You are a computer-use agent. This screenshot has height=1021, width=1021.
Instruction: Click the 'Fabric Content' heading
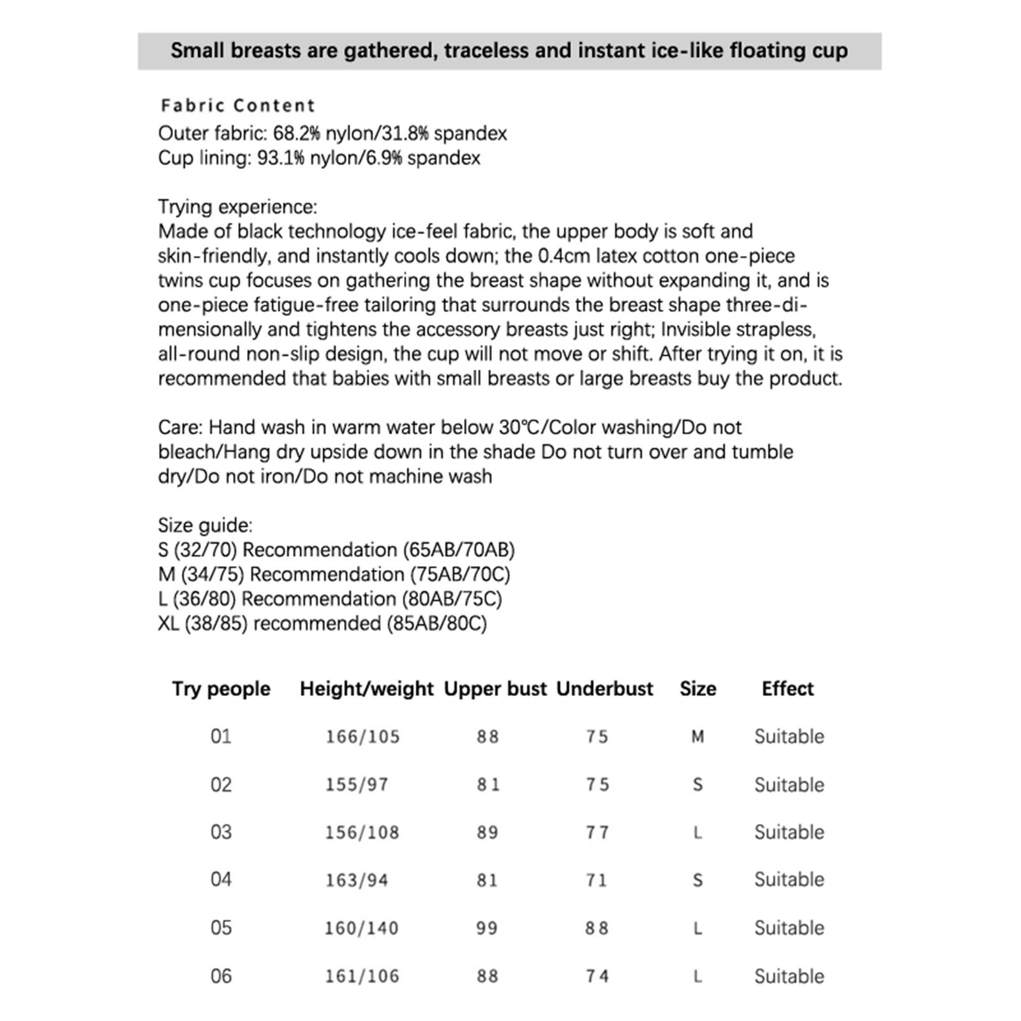(x=238, y=105)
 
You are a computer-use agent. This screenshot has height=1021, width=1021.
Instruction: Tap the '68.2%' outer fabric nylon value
(x=296, y=133)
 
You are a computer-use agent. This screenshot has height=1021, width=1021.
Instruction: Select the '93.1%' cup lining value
(x=281, y=158)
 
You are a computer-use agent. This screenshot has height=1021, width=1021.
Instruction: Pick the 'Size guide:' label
(x=205, y=525)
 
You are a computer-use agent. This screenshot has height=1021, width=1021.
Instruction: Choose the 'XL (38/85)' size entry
(x=202, y=623)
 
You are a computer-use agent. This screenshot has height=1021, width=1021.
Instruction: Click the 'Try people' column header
(x=221, y=689)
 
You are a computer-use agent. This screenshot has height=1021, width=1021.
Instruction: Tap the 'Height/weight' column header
(x=366, y=689)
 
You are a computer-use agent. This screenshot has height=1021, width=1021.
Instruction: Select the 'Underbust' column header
(x=604, y=689)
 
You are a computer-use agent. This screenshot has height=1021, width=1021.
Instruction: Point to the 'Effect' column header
(x=787, y=689)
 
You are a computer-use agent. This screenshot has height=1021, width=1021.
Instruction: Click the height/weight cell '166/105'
(x=362, y=736)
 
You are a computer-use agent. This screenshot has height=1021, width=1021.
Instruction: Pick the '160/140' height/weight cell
(x=361, y=928)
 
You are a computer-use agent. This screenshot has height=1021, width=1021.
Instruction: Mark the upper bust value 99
(x=487, y=928)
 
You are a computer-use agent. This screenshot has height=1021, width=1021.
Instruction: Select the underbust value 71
(x=597, y=880)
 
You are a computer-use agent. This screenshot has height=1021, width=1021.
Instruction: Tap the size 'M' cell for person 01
(x=697, y=736)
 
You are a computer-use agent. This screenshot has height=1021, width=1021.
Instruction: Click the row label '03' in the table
(x=221, y=832)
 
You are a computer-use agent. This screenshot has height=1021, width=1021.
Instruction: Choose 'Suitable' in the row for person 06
(x=789, y=976)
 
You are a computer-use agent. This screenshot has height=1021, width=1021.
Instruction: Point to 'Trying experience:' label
(x=237, y=207)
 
